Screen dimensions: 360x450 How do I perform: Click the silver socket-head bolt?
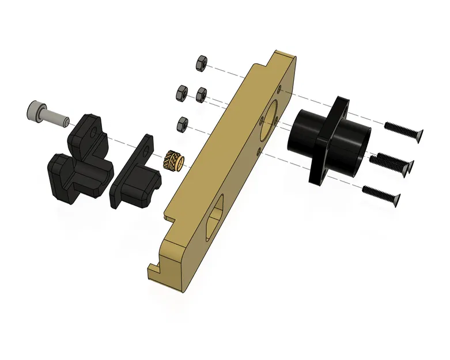(x=46, y=113)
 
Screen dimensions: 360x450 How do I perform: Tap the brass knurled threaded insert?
(x=175, y=160)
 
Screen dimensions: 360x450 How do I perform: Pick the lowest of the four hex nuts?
(x=184, y=124)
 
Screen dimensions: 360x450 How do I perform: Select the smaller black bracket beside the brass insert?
(x=137, y=176)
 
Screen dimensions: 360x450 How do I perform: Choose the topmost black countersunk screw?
(x=403, y=128)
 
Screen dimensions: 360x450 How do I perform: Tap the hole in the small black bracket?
(x=148, y=149)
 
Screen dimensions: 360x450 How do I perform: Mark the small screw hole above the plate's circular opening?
(x=279, y=89)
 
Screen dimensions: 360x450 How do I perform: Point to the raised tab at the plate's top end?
(x=282, y=58)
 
